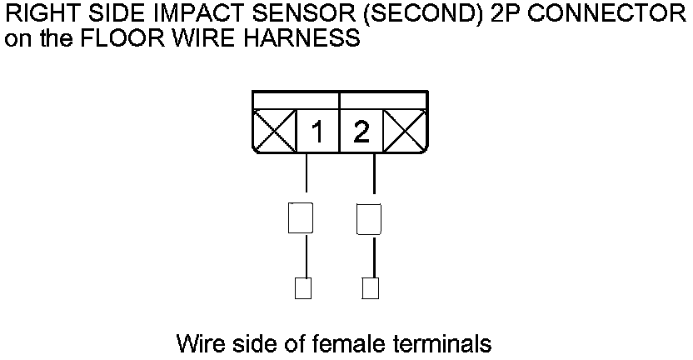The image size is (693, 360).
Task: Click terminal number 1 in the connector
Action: coord(318,132)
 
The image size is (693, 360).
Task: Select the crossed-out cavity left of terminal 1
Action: coord(274,132)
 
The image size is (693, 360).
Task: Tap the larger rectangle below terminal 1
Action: coord(301,218)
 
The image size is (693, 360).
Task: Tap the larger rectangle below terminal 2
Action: coord(369,218)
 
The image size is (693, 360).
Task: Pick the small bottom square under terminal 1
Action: coord(303,287)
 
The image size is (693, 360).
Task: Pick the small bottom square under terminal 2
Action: coord(371,287)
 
